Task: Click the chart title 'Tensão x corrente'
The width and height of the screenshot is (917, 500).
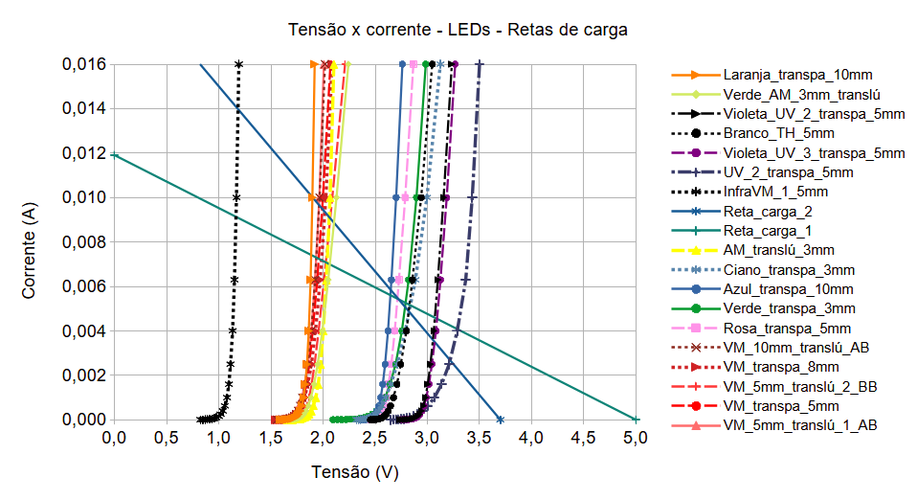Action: [x=458, y=30]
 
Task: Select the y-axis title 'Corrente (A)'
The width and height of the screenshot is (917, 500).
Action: [x=30, y=242]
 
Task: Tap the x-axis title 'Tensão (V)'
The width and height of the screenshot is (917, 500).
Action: [x=354, y=472]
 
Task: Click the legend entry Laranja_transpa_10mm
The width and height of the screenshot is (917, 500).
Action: [x=797, y=74]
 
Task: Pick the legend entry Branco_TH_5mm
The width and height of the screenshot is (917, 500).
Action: [x=778, y=133]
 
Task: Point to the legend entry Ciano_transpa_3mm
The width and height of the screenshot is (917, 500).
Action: [x=790, y=269]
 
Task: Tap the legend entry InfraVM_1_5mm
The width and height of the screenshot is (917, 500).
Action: [x=776, y=192]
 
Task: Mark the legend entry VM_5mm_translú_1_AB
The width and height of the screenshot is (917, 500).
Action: [x=800, y=424]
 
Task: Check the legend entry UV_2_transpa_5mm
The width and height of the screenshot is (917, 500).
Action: [x=788, y=171]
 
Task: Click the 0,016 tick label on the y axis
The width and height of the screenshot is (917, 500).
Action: [x=83, y=65]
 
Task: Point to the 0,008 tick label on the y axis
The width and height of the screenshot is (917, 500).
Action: [x=83, y=242]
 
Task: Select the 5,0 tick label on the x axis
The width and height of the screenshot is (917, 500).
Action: [x=636, y=439]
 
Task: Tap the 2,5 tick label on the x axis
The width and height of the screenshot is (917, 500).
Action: [x=374, y=439]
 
